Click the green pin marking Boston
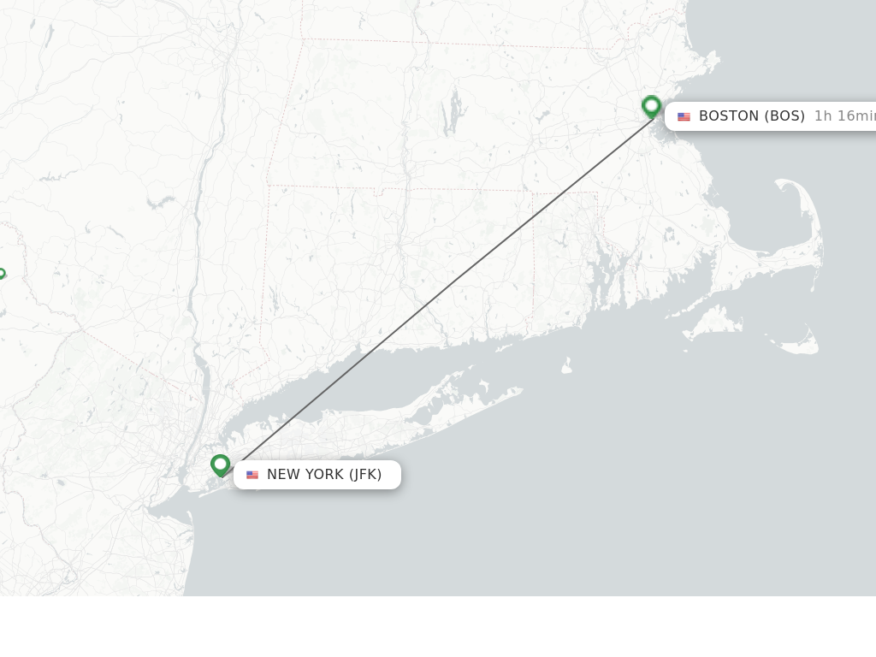(651, 107)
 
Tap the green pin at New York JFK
(221, 465)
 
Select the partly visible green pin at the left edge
(2, 274)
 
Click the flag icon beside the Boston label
(684, 116)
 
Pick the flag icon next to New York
(252, 475)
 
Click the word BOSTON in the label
(729, 115)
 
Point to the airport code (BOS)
(784, 115)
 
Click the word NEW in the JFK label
(281, 474)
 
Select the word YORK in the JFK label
(324, 474)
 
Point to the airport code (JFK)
(365, 474)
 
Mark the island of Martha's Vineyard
(713, 323)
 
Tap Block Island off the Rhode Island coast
(566, 367)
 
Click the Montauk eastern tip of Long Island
(518, 391)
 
